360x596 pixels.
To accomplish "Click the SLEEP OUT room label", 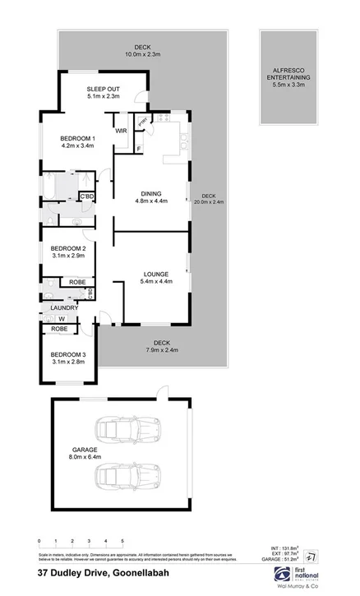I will [x=104, y=89].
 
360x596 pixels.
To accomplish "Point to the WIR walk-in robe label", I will [x=120, y=131].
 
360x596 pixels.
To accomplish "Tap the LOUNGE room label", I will [x=155, y=274].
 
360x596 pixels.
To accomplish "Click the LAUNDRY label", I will [x=63, y=308].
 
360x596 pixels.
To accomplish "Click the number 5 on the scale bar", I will [x=123, y=540].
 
